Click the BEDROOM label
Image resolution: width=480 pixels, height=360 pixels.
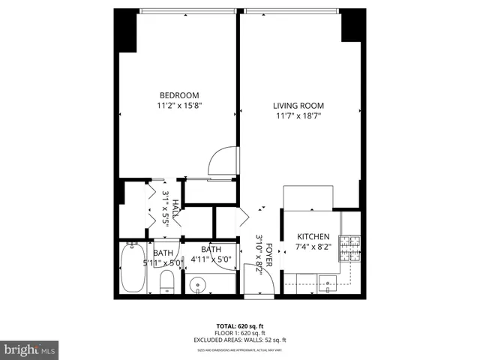click(x=179, y=95)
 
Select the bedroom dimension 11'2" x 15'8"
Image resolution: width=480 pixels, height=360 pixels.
click(x=179, y=106)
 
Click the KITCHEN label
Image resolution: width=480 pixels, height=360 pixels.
click(x=313, y=236)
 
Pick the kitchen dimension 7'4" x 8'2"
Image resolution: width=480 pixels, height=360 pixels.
click(x=313, y=247)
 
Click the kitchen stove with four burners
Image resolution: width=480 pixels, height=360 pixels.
click(x=349, y=247)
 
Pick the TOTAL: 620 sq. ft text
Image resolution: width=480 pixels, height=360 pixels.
click(x=239, y=326)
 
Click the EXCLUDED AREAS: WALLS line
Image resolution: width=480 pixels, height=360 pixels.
click(x=239, y=340)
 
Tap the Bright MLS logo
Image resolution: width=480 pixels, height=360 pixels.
click(x=29, y=349)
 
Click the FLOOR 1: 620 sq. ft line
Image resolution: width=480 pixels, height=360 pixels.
click(x=239, y=333)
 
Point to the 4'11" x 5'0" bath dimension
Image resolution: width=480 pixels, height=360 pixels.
click(x=211, y=259)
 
